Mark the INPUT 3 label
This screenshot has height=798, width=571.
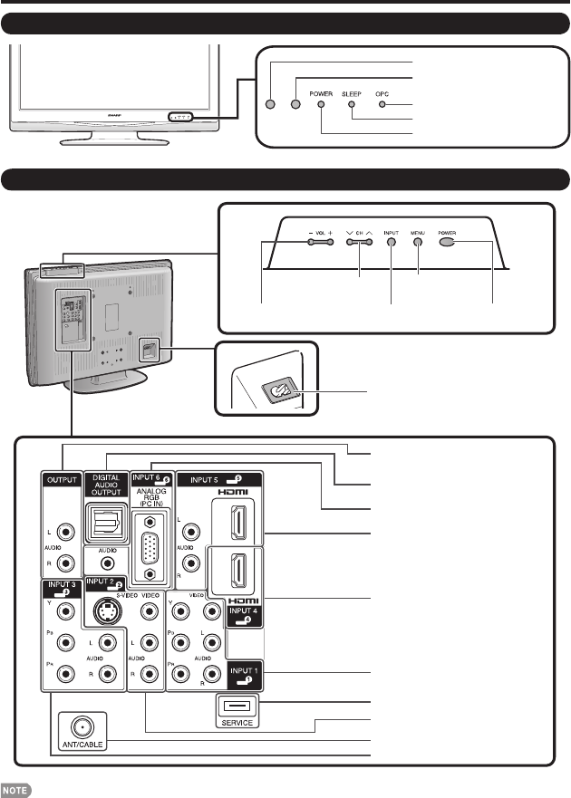coord(59,588)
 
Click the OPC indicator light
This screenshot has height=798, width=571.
coord(382,104)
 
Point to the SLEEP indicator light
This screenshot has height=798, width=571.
coord(352,104)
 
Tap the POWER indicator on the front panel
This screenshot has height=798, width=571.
coord(321,104)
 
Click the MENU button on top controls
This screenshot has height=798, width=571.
coord(419,244)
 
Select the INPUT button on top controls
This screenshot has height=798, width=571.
coord(391,244)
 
